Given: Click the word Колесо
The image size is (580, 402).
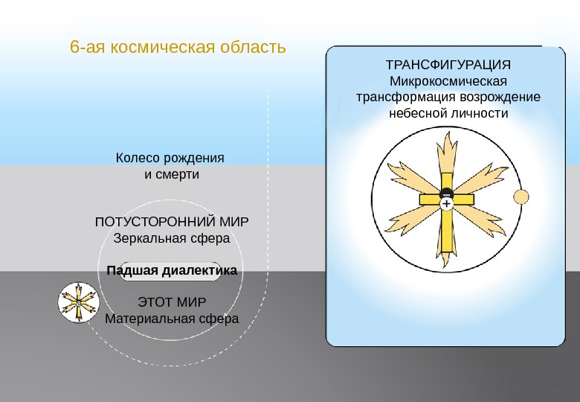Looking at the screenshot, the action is click(x=138, y=159).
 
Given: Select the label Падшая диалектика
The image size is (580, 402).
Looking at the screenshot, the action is click(x=171, y=271).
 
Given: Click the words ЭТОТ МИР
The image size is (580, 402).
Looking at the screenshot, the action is click(x=172, y=302).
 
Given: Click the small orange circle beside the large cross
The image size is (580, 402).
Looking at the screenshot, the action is click(x=521, y=197).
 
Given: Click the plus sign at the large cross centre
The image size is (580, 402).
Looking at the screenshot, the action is click(x=445, y=202).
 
